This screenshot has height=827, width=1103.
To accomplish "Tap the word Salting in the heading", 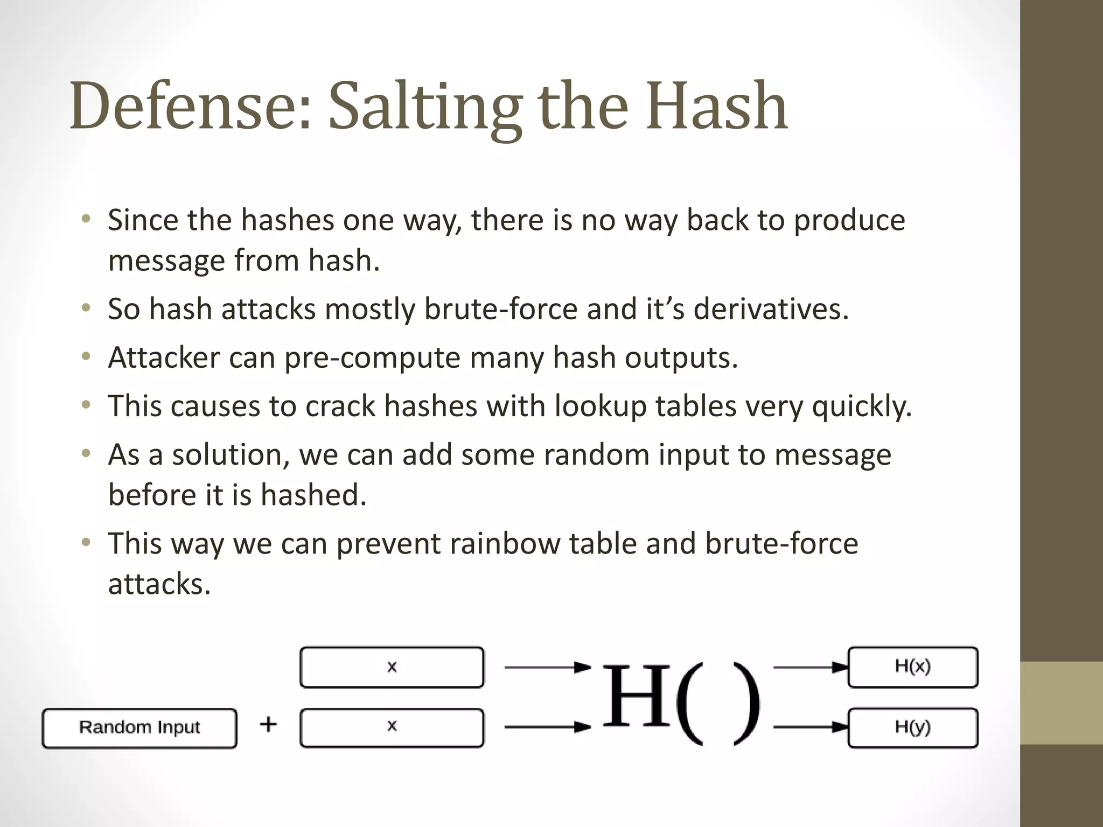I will coord(425,107).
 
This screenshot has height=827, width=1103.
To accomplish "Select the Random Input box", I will coord(139,728).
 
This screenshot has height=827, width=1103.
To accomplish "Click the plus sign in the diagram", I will coord(268,725).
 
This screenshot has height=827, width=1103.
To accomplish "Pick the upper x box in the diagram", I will coord(392,668).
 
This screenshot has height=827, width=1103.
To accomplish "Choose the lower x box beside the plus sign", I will coord(392,728).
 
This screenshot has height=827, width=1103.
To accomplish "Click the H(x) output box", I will coord(912,668).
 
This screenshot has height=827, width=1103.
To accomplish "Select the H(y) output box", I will coord(912,728).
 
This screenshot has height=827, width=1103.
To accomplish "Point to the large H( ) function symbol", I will coord(681,700).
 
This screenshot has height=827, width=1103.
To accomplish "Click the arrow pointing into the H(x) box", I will coord(811,668).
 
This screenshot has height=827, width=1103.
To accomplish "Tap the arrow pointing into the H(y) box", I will coord(811,728).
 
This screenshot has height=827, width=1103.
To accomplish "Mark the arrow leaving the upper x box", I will coord(547,668).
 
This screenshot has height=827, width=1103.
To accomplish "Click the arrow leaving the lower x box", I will coord(547,728).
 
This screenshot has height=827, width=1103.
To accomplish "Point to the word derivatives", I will coord(771,310).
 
